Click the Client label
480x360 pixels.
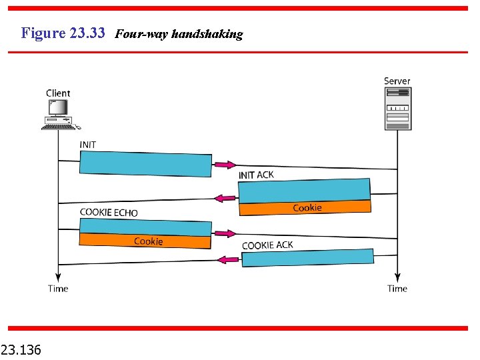58,93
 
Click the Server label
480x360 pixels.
397,81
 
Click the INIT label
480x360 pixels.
87,145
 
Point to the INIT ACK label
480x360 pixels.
256,175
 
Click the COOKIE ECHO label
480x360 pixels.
109,213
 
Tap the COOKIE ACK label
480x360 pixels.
267,245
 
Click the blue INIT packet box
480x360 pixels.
145,163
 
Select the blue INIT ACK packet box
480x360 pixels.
304,191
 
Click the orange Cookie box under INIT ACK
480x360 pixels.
304,208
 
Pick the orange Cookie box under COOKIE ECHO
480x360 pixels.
145,241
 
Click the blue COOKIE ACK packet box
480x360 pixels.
307,257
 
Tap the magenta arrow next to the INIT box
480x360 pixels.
225,165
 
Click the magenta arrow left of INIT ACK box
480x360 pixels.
225,197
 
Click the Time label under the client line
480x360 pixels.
58,289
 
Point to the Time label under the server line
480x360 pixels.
397,289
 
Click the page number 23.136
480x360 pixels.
21,349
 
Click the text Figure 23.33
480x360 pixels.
63,33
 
